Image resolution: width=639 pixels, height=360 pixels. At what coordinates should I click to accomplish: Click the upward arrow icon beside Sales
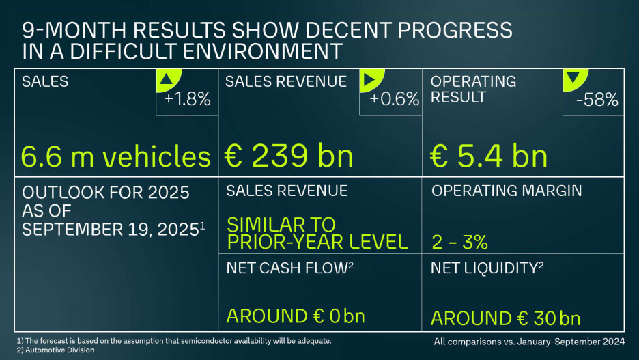(165, 80)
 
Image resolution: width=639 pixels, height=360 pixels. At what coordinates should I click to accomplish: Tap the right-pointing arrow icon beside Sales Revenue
(369, 80)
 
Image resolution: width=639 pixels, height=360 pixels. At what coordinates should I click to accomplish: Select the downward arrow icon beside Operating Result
(573, 80)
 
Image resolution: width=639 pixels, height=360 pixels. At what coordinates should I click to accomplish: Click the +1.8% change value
(187, 100)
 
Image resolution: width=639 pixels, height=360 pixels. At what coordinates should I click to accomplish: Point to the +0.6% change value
(394, 100)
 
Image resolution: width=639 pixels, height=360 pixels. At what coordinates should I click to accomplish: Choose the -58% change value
(597, 100)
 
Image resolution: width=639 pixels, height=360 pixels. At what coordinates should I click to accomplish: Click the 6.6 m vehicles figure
(116, 156)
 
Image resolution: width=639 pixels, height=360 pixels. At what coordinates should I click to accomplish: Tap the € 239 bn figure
(289, 156)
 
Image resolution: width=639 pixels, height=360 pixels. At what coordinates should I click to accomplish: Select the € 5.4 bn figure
(489, 156)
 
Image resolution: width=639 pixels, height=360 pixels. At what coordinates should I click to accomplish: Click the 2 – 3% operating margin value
(459, 241)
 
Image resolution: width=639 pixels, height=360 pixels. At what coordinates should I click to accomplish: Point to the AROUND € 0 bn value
(296, 316)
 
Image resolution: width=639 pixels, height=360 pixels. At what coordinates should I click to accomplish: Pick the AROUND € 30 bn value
(506, 318)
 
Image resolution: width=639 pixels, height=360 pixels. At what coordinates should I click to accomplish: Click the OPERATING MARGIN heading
(507, 191)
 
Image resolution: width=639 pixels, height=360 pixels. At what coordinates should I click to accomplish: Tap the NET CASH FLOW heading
(287, 268)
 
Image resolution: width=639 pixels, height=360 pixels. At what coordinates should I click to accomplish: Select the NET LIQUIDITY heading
(485, 268)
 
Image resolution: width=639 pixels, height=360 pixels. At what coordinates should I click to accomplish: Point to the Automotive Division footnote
(55, 350)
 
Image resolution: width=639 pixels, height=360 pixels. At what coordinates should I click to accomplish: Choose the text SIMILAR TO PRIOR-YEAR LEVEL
(317, 233)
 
